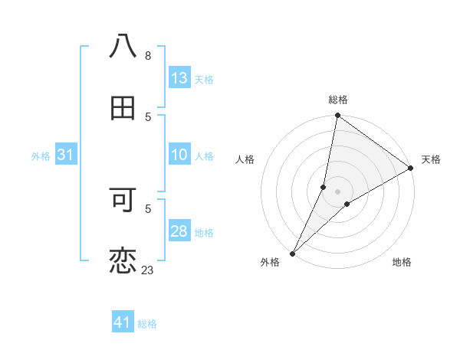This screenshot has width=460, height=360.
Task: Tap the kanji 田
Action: tap(123, 109)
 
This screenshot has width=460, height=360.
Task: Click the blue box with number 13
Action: tap(179, 78)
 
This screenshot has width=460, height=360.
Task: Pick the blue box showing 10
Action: tap(179, 155)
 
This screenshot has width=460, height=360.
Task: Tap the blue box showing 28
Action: tap(179, 231)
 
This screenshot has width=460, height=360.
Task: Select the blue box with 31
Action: tap(66, 155)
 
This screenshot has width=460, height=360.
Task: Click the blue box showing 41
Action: tap(123, 322)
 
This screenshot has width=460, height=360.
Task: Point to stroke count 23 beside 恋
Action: tap(147, 270)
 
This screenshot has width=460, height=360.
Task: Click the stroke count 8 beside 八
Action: tap(148, 56)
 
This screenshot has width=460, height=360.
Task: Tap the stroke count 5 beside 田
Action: tap(148, 116)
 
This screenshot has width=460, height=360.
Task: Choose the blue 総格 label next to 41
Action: tap(147, 324)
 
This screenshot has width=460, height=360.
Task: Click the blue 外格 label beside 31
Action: tap(41, 156)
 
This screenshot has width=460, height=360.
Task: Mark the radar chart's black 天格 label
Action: tap(431, 159)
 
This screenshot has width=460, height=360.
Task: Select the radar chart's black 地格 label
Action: tap(402, 262)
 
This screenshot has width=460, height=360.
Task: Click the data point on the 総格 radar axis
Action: tap(337, 116)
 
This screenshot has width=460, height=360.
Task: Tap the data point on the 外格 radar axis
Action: tap(292, 253)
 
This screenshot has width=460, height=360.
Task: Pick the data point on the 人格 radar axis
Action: tap(324, 187)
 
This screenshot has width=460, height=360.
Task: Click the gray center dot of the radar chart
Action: tap(337, 191)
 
